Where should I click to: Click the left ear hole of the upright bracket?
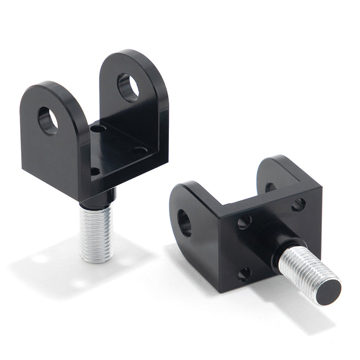tap(48, 120)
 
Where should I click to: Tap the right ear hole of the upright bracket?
tap(128, 87)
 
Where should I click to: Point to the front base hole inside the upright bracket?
tap(95, 171)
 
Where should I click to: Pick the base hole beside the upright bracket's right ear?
tap(140, 150)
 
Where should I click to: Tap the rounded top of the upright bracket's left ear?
tap(46, 89)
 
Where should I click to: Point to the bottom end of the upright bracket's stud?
tap(96, 260)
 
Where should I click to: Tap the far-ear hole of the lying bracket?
tap(270, 187)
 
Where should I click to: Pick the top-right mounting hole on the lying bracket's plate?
tap(299, 204)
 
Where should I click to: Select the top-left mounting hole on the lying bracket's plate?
tap(244, 221)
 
